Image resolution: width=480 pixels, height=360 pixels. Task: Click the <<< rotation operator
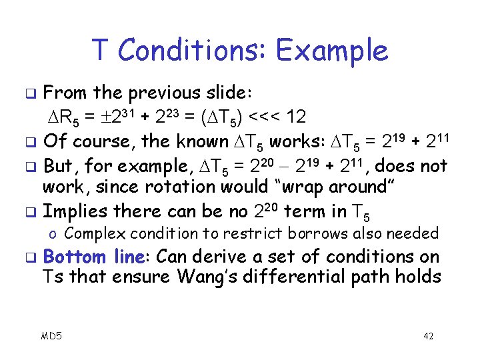pyautogui.click(x=267, y=117)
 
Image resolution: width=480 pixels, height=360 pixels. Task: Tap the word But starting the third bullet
pyautogui.click(x=59, y=165)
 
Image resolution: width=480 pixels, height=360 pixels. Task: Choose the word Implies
pyautogui.click(x=79, y=211)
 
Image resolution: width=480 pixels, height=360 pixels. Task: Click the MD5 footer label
pyautogui.click(x=51, y=335)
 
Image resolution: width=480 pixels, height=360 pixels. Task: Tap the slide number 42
pyautogui.click(x=428, y=335)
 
